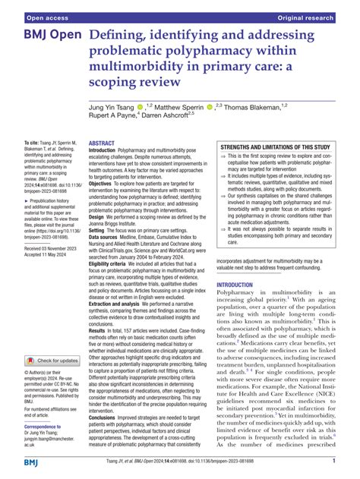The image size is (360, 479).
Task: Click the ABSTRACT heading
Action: point(103,143)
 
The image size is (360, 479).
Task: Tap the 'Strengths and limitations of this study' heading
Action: point(275,147)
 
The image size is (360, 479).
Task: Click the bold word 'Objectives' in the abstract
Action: point(106,183)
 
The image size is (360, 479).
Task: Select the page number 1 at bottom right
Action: point(334,461)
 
